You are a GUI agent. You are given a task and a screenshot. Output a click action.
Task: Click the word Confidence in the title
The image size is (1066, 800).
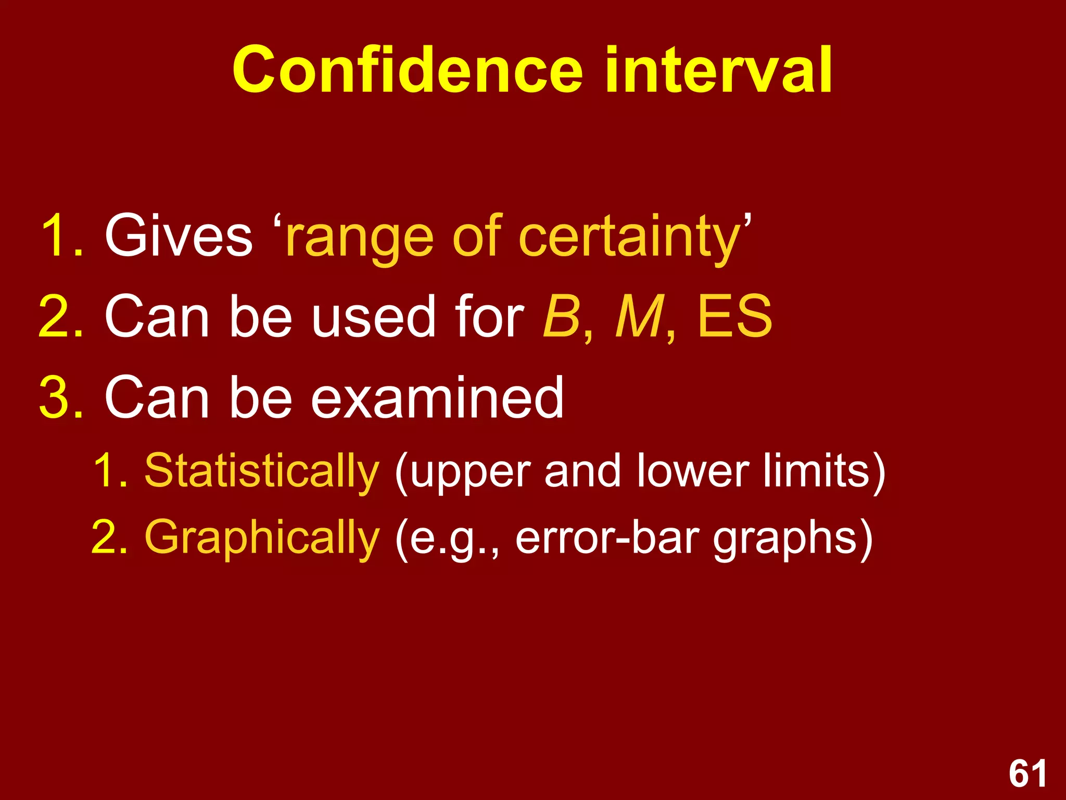407,70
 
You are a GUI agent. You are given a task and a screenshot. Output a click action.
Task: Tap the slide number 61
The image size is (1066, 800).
1027,774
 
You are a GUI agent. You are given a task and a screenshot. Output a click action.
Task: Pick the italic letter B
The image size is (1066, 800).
561,316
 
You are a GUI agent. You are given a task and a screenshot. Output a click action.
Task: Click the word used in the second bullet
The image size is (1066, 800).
373,316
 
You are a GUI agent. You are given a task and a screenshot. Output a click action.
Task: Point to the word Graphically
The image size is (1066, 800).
262,539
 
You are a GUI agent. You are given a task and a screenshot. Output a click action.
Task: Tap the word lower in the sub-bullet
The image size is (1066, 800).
692,470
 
